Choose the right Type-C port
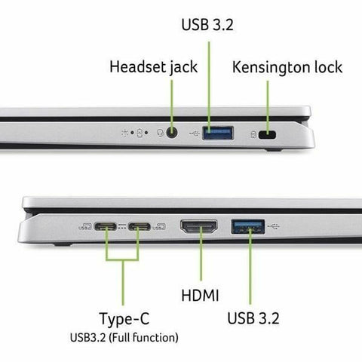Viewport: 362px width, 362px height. click(x=140, y=225)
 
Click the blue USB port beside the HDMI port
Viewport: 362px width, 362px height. click(x=248, y=224)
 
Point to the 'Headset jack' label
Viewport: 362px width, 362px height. click(x=153, y=66)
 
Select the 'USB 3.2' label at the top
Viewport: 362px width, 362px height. click(x=207, y=24)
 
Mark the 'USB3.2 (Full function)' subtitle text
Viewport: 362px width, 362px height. click(x=123, y=336)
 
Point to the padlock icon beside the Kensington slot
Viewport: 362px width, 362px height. click(x=253, y=136)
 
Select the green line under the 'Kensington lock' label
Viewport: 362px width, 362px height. click(x=269, y=102)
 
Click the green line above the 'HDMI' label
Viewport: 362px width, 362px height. click(x=201, y=260)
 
